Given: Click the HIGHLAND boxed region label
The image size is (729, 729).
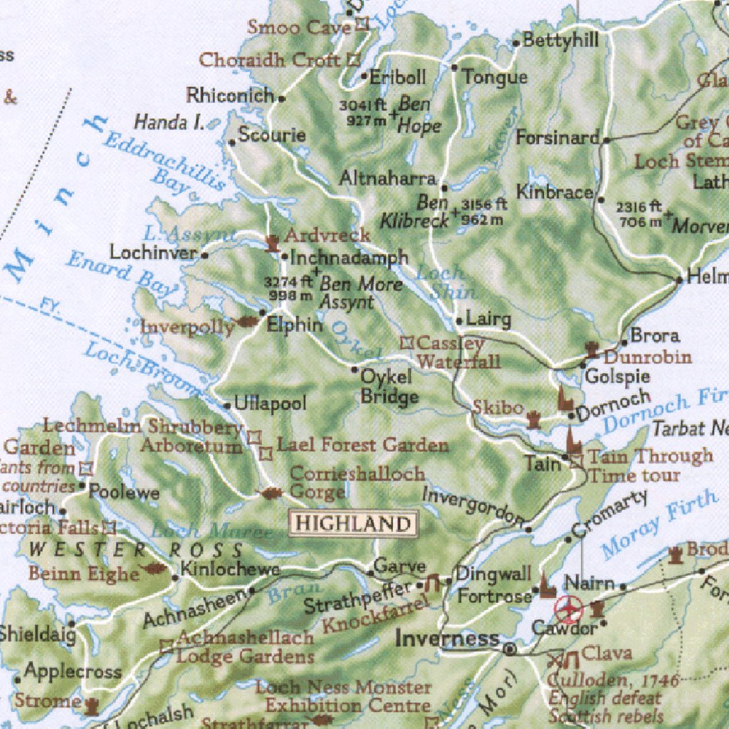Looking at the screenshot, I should pyautogui.click(x=353, y=524).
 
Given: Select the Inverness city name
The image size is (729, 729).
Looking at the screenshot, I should pyautogui.click(x=447, y=638).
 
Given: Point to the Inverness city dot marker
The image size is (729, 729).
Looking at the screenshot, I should pyautogui.click(x=510, y=649).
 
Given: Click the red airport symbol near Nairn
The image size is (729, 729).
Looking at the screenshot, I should pyautogui.click(x=569, y=609).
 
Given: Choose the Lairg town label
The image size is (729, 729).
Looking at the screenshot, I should pyautogui.click(x=488, y=319).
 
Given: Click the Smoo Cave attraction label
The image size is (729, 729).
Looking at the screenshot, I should pyautogui.click(x=299, y=27).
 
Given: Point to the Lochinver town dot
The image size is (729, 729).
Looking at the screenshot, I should pyautogui.click(x=205, y=254).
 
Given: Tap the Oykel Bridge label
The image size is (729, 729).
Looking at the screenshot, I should pyautogui.click(x=389, y=386).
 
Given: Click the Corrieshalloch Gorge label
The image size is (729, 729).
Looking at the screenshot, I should pyautogui.click(x=356, y=483).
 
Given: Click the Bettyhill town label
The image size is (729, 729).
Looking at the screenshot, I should pyautogui.click(x=560, y=41).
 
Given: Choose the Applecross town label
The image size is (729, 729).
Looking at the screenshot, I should pyautogui.click(x=73, y=671).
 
